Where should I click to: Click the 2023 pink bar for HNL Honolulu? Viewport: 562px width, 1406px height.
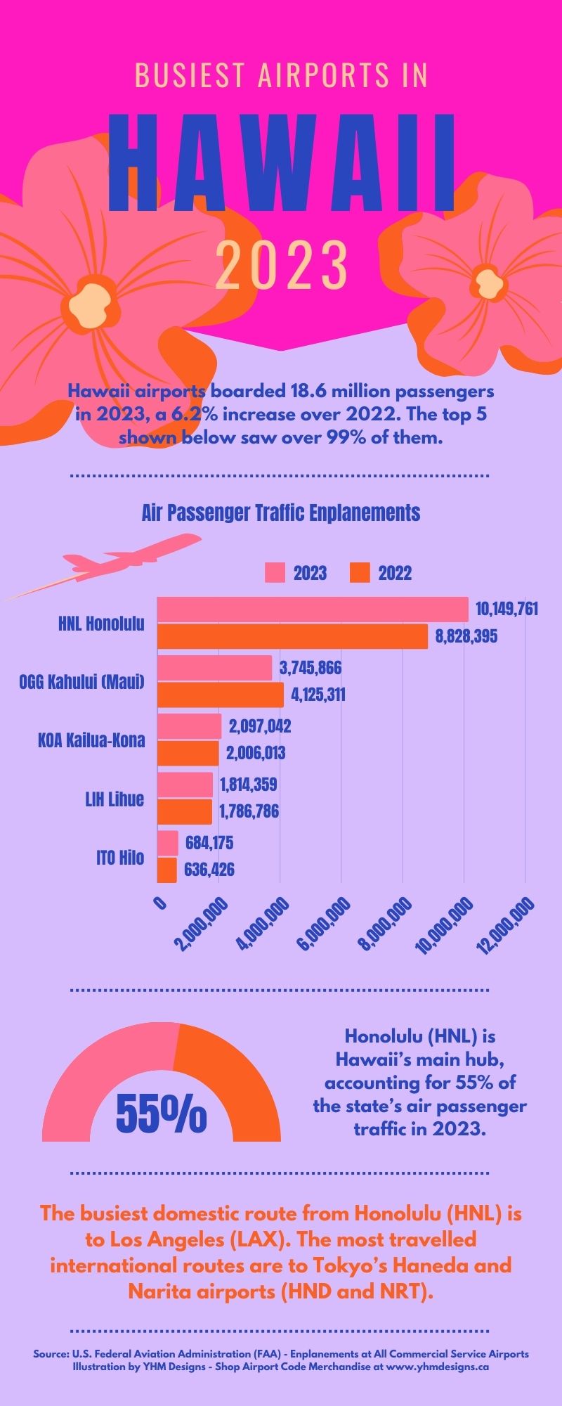pyautogui.click(x=313, y=609)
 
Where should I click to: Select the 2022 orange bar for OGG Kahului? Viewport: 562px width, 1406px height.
pyautogui.click(x=220, y=695)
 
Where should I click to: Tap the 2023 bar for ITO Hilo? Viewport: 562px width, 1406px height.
pyautogui.click(x=167, y=843)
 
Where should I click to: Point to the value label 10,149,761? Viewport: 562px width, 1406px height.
pyautogui.click(x=507, y=609)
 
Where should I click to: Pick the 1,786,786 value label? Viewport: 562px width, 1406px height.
pyautogui.click(x=249, y=812)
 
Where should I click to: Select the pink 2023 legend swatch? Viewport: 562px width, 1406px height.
pyautogui.click(x=275, y=573)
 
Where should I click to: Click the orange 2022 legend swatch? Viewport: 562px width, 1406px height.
pyautogui.click(x=360, y=573)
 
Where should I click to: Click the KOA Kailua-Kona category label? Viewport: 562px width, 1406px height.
pyautogui.click(x=91, y=740)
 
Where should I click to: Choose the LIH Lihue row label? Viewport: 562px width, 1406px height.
pyautogui.click(x=115, y=799)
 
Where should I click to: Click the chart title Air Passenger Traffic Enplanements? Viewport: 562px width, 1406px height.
pyautogui.click(x=280, y=512)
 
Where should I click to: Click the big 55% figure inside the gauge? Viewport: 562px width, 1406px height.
pyautogui.click(x=161, y=1114)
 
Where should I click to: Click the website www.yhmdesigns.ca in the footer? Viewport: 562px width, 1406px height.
pyautogui.click(x=437, y=1367)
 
